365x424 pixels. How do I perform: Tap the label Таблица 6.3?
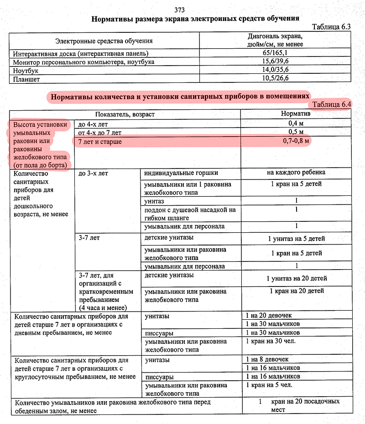pos(331,27)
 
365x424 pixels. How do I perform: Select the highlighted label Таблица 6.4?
pos(332,105)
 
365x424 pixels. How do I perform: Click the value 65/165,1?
pos(276,53)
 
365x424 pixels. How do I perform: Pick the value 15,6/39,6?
pos(276,61)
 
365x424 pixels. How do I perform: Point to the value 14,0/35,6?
pos(276,70)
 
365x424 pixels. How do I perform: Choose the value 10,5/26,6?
pos(276,79)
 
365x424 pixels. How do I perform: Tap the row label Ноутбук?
pos(27,70)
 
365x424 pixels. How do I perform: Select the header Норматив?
pos(296,114)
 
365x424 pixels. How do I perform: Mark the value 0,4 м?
pos(296,123)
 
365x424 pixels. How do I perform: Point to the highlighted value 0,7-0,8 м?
pos(296,142)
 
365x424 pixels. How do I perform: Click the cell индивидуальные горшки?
pos(181,173)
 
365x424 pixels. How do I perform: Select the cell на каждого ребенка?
pos(296,173)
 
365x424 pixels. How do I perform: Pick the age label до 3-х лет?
pos(93,173)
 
